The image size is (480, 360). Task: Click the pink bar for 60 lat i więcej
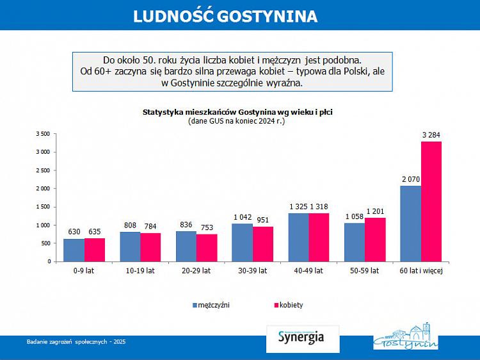(x=431, y=201)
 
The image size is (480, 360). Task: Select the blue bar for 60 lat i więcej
(x=410, y=224)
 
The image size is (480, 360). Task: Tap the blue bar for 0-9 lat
(x=74, y=250)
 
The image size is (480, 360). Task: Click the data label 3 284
(x=431, y=135)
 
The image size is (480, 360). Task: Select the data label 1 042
(x=242, y=217)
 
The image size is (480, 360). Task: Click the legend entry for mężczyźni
(x=211, y=305)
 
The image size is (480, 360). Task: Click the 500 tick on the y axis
(x=44, y=243)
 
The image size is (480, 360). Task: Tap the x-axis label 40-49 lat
(x=308, y=271)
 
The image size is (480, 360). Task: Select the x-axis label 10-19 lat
(x=140, y=271)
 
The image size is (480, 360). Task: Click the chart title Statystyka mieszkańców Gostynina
(x=237, y=111)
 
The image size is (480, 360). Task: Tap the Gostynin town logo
(x=406, y=337)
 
